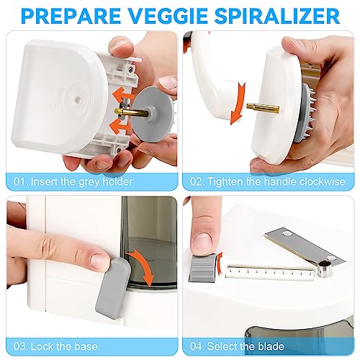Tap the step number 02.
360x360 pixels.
coord(199,181)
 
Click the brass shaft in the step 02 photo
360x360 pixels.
coord(257,107)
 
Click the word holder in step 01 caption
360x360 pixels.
coord(116,181)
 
